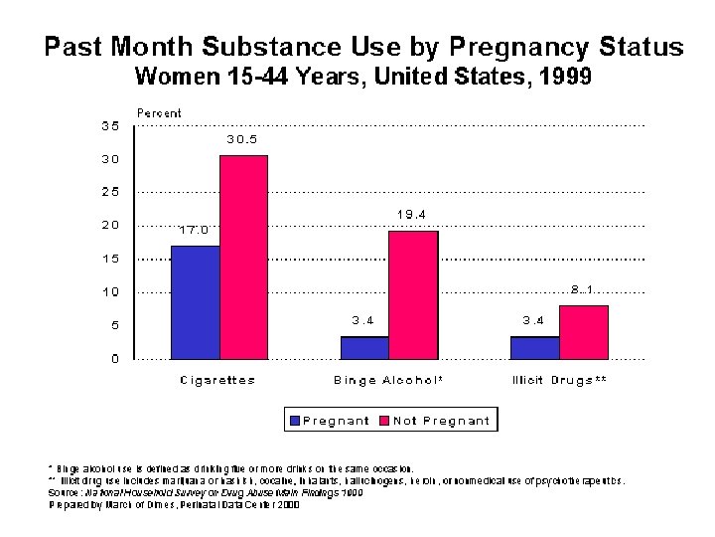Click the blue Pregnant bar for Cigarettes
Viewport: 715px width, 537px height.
tap(195, 301)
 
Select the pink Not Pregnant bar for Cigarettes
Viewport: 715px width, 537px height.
tap(243, 257)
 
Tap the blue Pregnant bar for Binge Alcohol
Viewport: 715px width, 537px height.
tap(364, 347)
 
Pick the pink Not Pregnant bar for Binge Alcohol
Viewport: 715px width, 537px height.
tap(413, 294)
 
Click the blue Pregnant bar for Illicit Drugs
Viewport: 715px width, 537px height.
tap(534, 347)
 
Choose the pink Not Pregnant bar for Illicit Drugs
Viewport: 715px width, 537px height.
tap(583, 332)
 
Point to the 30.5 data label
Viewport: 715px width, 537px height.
tap(241, 139)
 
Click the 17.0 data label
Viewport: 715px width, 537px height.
tap(193, 230)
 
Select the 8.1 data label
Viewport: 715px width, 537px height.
tap(582, 289)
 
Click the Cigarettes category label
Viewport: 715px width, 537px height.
tap(217, 380)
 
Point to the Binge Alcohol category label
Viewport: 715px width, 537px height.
tap(388, 380)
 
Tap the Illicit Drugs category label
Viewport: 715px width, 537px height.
tap(558, 380)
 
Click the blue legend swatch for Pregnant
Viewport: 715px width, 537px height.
tap(294, 421)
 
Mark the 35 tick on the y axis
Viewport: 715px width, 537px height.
tap(110, 125)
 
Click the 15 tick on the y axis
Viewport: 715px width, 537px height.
tap(110, 259)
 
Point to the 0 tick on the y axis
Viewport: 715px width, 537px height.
tap(114, 359)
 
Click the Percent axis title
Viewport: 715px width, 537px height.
tap(159, 112)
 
